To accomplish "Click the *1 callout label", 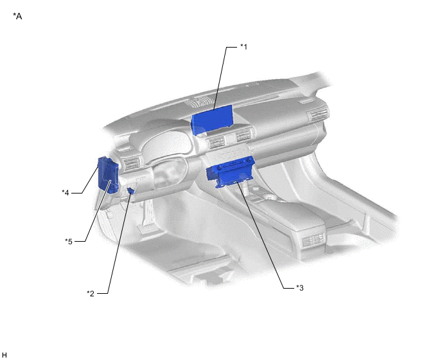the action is click(243, 46).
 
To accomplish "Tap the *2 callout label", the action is click(91, 293).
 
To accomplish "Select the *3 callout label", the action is click(299, 288).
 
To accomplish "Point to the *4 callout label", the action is click(66, 193).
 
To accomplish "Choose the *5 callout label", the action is click(69, 241).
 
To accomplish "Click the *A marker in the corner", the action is click(17, 16).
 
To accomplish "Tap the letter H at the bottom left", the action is click(4, 355).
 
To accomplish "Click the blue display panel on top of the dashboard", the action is click(212, 120).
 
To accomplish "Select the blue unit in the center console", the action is click(231, 171).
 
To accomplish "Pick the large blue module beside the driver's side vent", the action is click(107, 175).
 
